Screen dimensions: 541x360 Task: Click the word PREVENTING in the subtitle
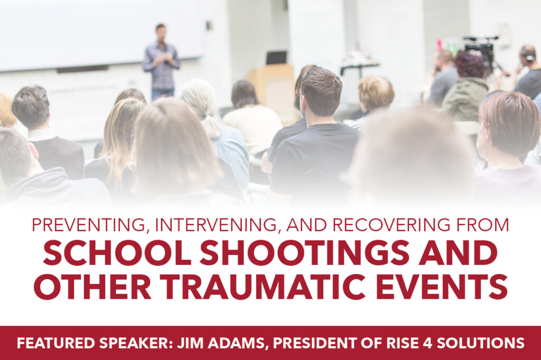pos(88,225)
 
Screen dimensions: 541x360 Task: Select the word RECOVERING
pos(391,225)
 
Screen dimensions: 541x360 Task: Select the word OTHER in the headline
pos(92,287)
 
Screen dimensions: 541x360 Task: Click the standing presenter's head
pos(160,32)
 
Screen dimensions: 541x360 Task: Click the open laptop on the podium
pos(276,58)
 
